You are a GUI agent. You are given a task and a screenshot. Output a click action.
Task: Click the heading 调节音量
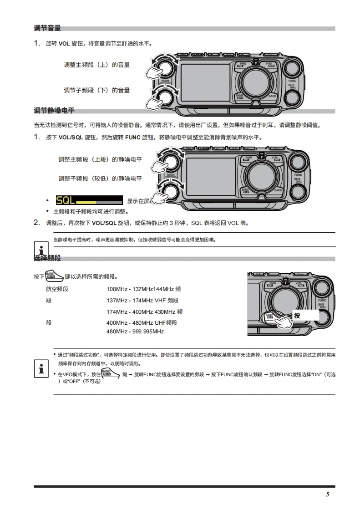[47, 28]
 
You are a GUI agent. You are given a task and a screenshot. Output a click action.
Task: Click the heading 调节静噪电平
[54, 111]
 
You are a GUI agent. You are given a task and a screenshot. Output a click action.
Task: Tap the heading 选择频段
[47, 259]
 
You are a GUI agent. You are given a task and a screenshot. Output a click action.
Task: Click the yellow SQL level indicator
[89, 200]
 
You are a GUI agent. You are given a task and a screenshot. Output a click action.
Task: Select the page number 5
[327, 495]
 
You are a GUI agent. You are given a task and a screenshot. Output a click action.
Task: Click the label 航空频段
[57, 289]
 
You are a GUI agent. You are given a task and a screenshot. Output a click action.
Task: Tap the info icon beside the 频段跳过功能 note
[41, 368]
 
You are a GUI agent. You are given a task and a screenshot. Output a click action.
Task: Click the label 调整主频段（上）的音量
[96, 65]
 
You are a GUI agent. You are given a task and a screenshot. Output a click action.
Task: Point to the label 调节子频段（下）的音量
[96, 90]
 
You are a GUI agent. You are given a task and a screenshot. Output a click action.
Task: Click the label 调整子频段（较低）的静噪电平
[100, 178]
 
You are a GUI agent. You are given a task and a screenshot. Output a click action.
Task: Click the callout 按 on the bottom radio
[298, 316]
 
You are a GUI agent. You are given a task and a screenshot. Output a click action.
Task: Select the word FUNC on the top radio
[292, 81]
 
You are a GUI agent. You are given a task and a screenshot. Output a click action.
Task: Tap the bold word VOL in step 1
[64, 44]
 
